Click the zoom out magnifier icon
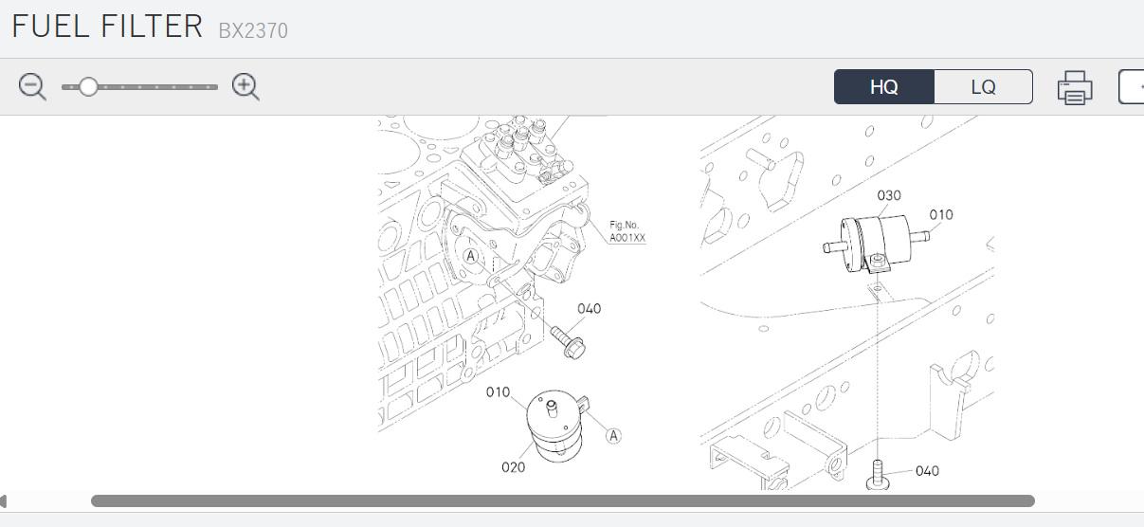[x=32, y=87]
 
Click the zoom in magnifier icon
[x=245, y=87]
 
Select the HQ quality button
[x=884, y=87]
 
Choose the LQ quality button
[x=983, y=87]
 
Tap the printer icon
[x=1075, y=88]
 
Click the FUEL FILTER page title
[x=107, y=27]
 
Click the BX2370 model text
[x=253, y=30]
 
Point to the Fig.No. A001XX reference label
[x=627, y=231]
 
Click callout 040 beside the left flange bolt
[x=589, y=308]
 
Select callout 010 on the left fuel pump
[x=499, y=392]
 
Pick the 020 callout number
[x=514, y=466]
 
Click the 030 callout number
[x=889, y=195]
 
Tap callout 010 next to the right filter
[x=940, y=215]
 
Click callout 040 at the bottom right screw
[x=927, y=471]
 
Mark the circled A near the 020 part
[x=613, y=436]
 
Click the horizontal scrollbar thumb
[x=562, y=500]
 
